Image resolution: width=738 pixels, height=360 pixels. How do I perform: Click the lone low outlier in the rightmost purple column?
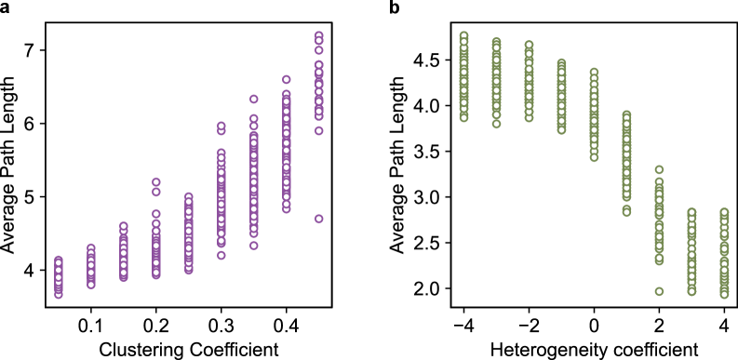318,219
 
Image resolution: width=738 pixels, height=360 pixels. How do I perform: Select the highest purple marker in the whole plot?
318,36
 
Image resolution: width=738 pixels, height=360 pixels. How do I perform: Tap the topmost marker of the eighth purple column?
286,80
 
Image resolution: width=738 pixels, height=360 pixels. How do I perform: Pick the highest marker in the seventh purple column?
253,99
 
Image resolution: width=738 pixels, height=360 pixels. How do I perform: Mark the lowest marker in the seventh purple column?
253,246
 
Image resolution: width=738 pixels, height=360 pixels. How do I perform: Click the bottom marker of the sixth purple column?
221,255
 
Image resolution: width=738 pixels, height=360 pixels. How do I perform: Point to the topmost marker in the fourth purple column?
155,182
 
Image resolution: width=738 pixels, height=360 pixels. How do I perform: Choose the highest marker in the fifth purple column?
188,197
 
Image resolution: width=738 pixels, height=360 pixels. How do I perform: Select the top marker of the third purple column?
123,226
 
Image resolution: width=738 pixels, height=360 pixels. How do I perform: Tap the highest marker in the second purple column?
90,248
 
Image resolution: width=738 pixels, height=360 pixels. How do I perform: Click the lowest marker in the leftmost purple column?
58,294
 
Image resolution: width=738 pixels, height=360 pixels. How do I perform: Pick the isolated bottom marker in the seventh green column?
659,291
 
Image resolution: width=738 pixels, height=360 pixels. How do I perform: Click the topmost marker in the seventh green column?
659,170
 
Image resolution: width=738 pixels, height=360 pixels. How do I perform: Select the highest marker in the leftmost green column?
463,36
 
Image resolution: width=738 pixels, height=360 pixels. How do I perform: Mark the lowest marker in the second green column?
496,124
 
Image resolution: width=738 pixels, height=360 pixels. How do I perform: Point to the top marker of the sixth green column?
626,115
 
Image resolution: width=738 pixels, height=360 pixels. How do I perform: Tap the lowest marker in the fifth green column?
594,157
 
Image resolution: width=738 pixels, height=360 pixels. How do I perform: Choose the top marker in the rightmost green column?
724,213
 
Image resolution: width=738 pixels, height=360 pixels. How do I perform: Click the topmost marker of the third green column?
529,45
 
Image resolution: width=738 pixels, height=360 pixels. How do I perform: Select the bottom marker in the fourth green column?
561,129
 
